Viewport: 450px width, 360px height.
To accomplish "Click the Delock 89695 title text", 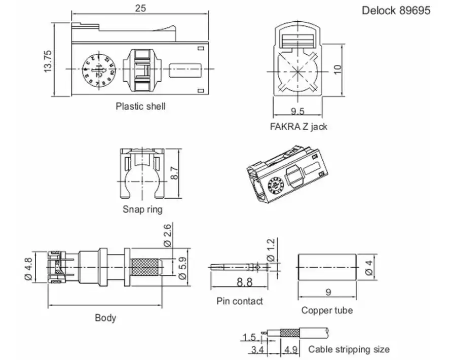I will point(396,10).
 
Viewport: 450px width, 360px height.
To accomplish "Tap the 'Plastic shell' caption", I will point(140,106).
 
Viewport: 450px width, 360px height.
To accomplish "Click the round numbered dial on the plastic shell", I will point(97,70).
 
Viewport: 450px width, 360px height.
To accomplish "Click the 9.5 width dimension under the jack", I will point(297,111).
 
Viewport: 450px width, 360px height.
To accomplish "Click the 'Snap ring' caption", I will point(142,209).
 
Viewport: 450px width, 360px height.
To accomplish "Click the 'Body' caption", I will point(105,318).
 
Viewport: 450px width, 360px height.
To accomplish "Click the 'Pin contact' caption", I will point(240,301).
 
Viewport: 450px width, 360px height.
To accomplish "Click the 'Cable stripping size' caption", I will point(349,349).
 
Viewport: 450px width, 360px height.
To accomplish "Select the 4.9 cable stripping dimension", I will point(291,349).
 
